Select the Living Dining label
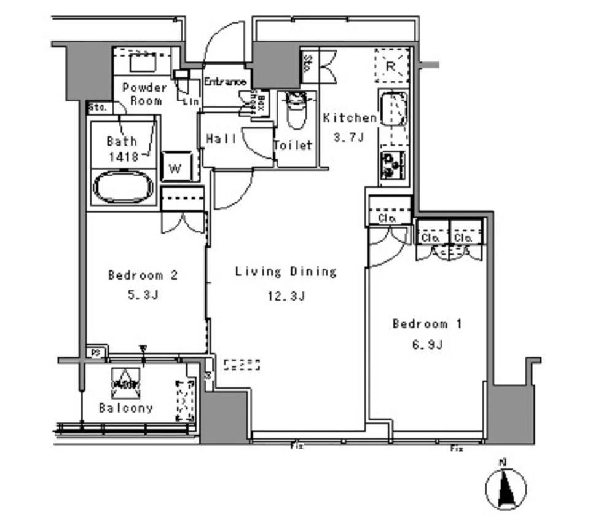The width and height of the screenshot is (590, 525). coord(286,272)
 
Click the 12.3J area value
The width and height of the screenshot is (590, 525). coord(286,296)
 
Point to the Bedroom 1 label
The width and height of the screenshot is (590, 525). coord(427,324)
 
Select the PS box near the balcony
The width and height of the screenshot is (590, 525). coord(95,353)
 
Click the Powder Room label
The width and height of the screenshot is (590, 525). coord(144,93)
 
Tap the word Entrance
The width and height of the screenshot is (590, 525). coord(225,82)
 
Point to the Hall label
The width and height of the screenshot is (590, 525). coord(221,140)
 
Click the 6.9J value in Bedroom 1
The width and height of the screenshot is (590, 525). coord(427,345)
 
